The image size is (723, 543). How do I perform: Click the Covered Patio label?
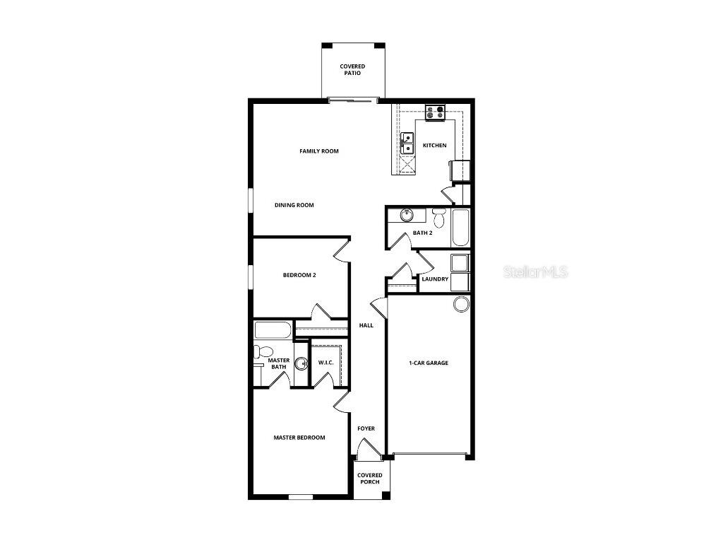click(x=352, y=69)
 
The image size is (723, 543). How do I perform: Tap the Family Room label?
click(x=319, y=151)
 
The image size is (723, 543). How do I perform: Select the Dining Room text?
click(x=294, y=205)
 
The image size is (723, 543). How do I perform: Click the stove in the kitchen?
click(x=435, y=111)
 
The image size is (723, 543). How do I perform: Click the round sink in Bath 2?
click(x=406, y=215)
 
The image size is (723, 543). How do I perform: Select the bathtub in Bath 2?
click(x=460, y=227)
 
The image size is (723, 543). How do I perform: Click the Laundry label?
click(x=435, y=279)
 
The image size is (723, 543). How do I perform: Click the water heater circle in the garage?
click(x=460, y=304)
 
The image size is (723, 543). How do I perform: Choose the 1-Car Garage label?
click(x=429, y=363)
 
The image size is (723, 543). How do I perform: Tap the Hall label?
click(x=366, y=325)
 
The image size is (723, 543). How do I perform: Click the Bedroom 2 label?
click(x=299, y=275)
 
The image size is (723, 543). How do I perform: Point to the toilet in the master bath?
click(x=264, y=351)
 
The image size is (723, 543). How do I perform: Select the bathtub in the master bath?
click(x=273, y=330)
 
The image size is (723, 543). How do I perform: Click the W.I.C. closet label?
click(x=325, y=363)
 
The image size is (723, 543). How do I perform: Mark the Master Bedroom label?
click(x=299, y=438)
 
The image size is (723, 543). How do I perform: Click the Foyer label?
click(x=366, y=428)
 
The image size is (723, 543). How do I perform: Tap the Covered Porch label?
click(x=369, y=479)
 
